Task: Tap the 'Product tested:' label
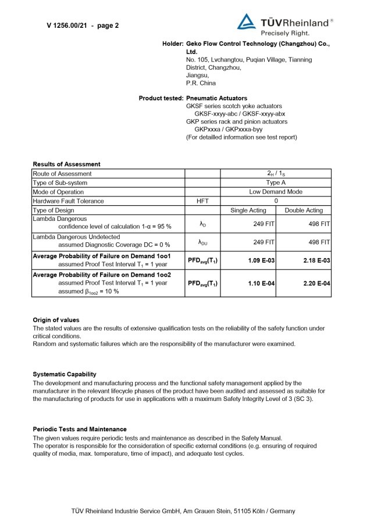point(161,98)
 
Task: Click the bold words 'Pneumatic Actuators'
point(216,98)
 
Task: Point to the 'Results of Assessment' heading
point(66,164)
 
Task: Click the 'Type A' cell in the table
point(276,182)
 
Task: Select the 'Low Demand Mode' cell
point(276,192)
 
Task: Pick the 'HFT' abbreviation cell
point(202,201)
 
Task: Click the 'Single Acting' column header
point(248,210)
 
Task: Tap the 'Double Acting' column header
point(304,210)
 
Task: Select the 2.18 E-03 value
point(316,260)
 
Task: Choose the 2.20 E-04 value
point(316,284)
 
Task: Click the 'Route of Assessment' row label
point(62,174)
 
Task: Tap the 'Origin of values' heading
point(56,320)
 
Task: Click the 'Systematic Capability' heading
point(65,374)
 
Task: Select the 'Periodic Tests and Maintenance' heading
point(79,429)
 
